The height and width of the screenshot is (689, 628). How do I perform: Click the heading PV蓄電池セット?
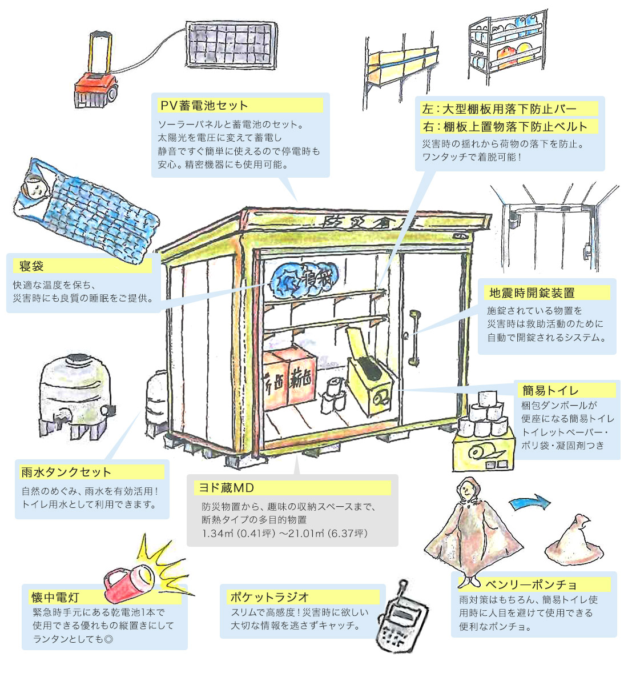204,106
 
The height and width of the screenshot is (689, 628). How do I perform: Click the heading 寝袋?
31,266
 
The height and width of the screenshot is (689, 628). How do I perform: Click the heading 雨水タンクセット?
66,472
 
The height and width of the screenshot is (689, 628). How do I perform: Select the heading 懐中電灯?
55,598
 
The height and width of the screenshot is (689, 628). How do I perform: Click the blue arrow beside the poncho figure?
530,503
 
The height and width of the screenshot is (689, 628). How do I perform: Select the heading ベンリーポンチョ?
531,584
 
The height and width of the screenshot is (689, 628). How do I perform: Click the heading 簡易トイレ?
550,390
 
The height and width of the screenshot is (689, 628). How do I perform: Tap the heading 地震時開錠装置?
532,293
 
